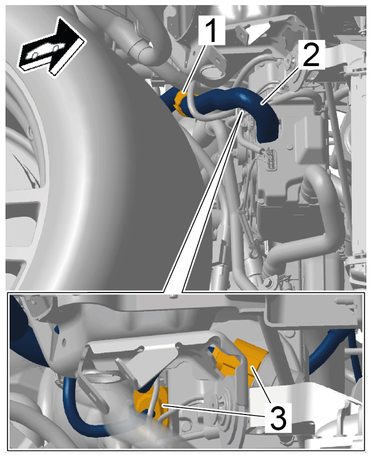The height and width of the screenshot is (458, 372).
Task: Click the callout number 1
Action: point(211,30)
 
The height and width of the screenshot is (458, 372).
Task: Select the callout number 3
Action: point(278,418)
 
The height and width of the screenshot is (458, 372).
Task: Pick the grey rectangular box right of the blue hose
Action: point(310,139)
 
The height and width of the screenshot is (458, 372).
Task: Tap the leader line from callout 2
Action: point(280,85)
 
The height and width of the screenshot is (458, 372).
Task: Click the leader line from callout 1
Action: point(193,69)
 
